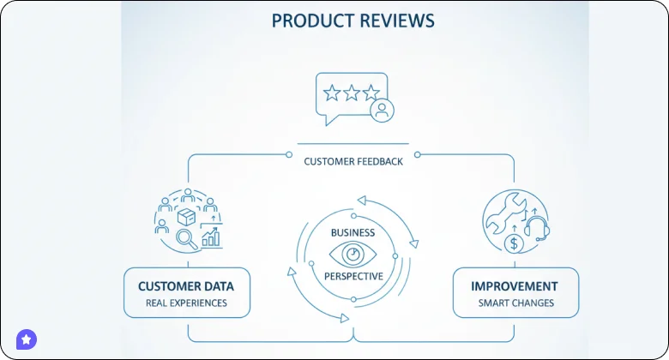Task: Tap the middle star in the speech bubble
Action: [x=352, y=93]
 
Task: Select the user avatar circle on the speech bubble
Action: [x=382, y=111]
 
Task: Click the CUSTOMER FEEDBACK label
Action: [x=353, y=161]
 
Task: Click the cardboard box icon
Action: [x=186, y=215]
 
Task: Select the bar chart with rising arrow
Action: [x=211, y=235]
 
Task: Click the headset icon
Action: [x=536, y=228]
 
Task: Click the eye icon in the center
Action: [x=353, y=254]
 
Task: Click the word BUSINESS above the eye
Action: [x=353, y=232]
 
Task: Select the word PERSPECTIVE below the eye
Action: [x=353, y=276]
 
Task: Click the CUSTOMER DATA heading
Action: [x=186, y=286]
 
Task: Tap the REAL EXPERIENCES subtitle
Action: [x=186, y=303]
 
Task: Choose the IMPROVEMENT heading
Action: [x=515, y=286]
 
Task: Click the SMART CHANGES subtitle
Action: [x=515, y=303]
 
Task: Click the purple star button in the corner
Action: [x=27, y=339]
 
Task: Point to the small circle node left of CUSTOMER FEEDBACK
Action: [x=289, y=155]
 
